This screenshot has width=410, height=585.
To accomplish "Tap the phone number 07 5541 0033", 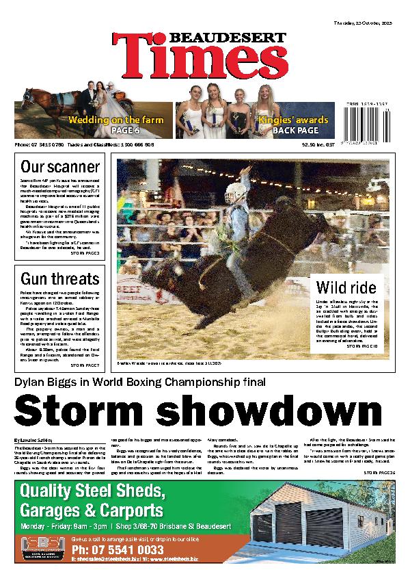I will tap(117, 550).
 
